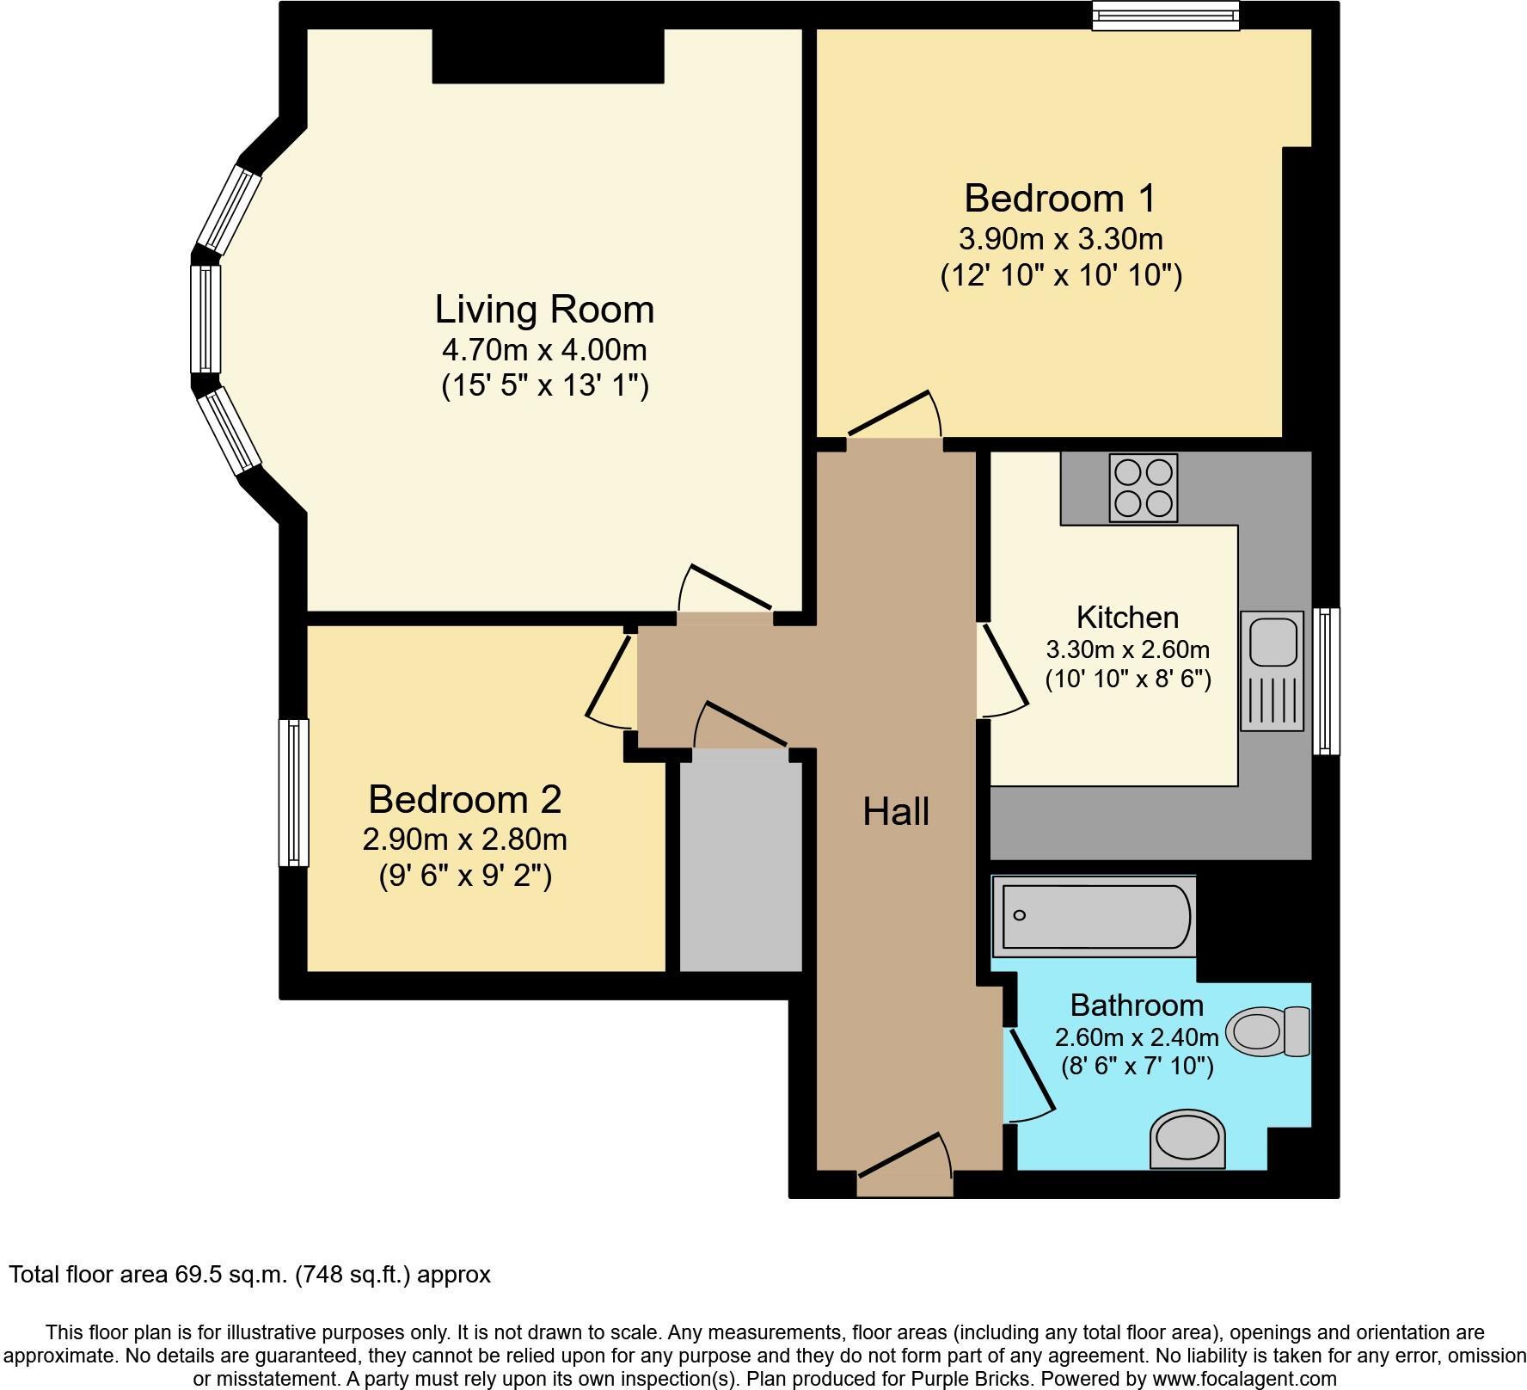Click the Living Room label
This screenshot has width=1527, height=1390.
(544, 310)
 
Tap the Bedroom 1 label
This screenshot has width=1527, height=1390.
(1059, 199)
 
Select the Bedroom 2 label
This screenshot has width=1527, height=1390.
(464, 800)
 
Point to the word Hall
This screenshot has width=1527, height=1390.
(896, 812)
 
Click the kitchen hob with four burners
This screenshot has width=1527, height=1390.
(1143, 488)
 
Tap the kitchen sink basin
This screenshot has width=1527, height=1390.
(1272, 642)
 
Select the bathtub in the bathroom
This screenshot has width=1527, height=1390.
(1094, 917)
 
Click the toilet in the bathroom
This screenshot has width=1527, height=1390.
(1267, 1031)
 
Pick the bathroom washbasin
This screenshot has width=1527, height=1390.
(1187, 1138)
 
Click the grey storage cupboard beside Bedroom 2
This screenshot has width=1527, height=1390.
(740, 860)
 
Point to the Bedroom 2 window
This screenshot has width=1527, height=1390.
(293, 792)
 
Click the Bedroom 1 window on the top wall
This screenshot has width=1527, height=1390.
(1165, 15)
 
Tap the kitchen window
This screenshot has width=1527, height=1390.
(1326, 681)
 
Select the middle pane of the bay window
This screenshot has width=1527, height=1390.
(205, 318)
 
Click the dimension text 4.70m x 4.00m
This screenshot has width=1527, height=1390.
(544, 351)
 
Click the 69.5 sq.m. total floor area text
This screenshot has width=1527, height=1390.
(249, 1274)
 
